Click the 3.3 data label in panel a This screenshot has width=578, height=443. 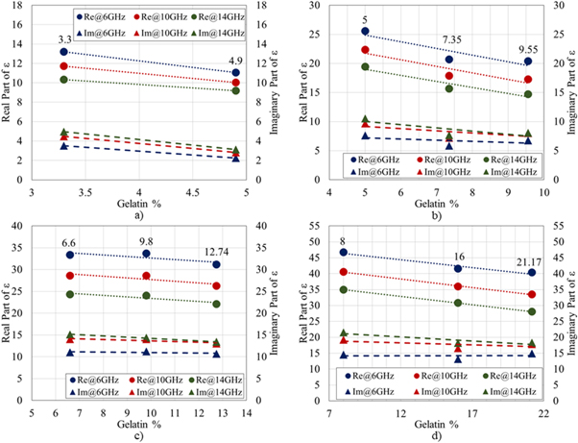click(63, 39)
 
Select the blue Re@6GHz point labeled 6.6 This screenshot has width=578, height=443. click(70, 255)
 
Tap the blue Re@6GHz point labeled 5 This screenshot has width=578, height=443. click(365, 31)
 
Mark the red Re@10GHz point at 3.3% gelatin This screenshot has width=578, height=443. click(63, 66)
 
